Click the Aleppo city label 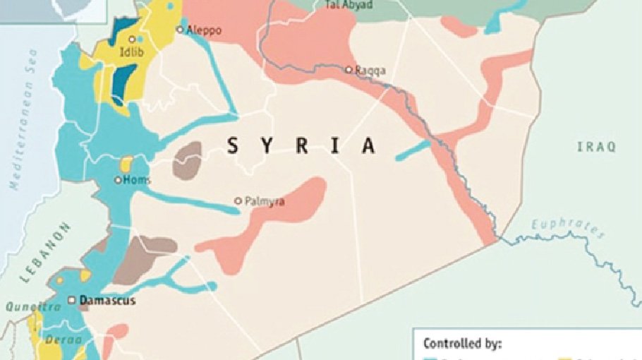coord(204,30)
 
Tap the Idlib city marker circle coord(132,40)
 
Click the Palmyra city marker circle coord(238,201)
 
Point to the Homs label coord(138,180)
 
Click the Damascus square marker coord(71,300)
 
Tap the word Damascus coord(107,301)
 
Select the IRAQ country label coord(596,147)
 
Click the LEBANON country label coord(46,252)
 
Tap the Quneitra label coord(27,307)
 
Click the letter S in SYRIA coord(231,146)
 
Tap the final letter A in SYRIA coord(368,146)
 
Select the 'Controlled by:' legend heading coord(462,344)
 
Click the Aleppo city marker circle coord(180,30)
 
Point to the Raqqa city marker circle coord(349,69)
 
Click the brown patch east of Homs coord(188,159)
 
